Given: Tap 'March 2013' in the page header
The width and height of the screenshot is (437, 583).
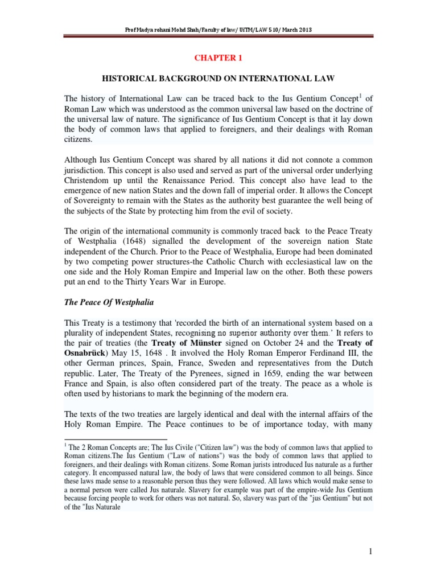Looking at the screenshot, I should pos(296,30).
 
